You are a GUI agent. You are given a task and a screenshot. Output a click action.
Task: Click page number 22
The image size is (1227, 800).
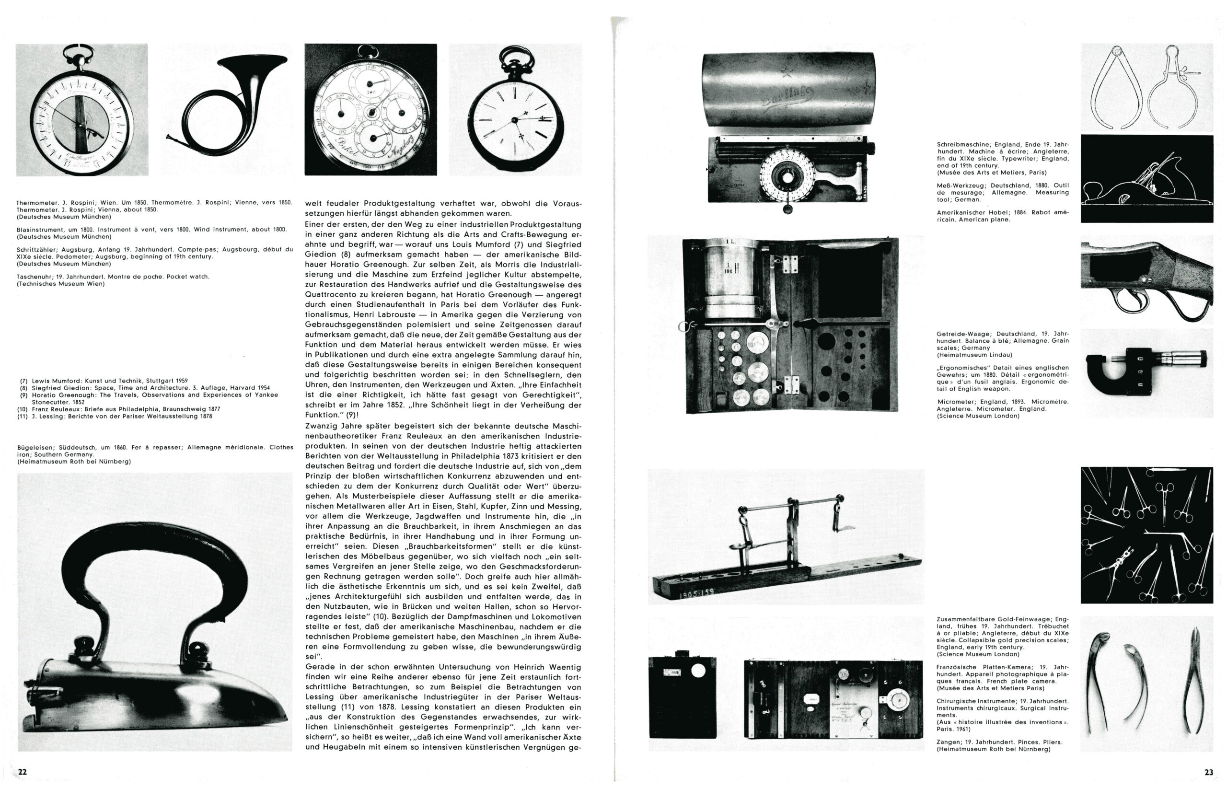point(22,772)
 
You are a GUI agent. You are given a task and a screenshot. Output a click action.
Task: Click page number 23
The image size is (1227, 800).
point(1208,772)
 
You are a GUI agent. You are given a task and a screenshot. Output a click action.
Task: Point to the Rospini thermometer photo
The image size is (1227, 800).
point(81,110)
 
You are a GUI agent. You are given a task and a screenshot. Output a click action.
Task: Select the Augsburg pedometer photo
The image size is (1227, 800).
point(370,110)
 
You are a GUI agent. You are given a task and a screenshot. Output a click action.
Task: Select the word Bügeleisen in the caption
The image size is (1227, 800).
point(34,447)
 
